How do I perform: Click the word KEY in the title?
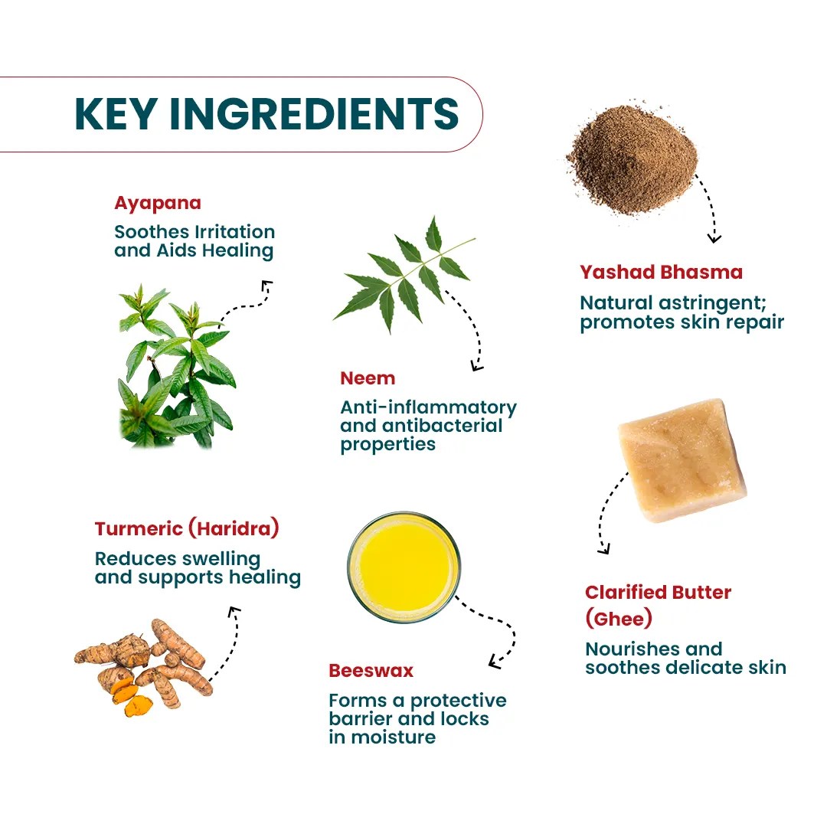coord(116,113)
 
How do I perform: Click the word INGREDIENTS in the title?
coord(315,113)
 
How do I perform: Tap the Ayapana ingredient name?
coord(158,204)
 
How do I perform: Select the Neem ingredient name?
coord(368,378)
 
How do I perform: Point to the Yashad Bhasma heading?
coord(662,272)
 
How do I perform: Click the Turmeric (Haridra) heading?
coord(187,528)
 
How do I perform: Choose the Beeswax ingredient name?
coord(371,670)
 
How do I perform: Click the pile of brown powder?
coord(632,159)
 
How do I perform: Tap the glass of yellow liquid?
coord(404,567)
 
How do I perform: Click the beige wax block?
coord(682,460)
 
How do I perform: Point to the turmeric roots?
coord(144,665)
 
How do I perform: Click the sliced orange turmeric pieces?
coord(132,698)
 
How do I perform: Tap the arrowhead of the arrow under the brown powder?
coord(714,238)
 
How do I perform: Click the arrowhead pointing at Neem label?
coord(476,365)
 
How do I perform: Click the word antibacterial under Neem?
coord(442,426)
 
